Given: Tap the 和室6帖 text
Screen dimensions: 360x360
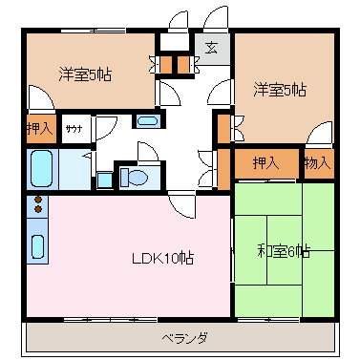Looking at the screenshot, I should (283, 252).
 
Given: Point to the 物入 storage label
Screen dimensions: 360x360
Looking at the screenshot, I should (317, 163).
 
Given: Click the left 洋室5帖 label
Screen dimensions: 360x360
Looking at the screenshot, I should (84, 74).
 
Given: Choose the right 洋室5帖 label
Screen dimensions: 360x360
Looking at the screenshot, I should (280, 91).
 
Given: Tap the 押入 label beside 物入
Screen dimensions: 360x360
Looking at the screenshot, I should (266, 163).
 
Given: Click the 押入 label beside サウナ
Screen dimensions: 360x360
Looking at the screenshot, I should (39, 128).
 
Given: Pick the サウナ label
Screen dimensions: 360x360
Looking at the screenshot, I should (74, 128).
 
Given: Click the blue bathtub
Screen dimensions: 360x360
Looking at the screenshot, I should (40, 169).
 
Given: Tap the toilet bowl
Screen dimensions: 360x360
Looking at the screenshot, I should (135, 177).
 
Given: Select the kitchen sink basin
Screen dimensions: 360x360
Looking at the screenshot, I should (37, 245).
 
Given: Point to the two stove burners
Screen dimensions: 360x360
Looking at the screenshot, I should (38, 203).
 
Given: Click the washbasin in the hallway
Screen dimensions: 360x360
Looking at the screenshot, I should (147, 121).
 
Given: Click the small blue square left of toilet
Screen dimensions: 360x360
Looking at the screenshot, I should (104, 179).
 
